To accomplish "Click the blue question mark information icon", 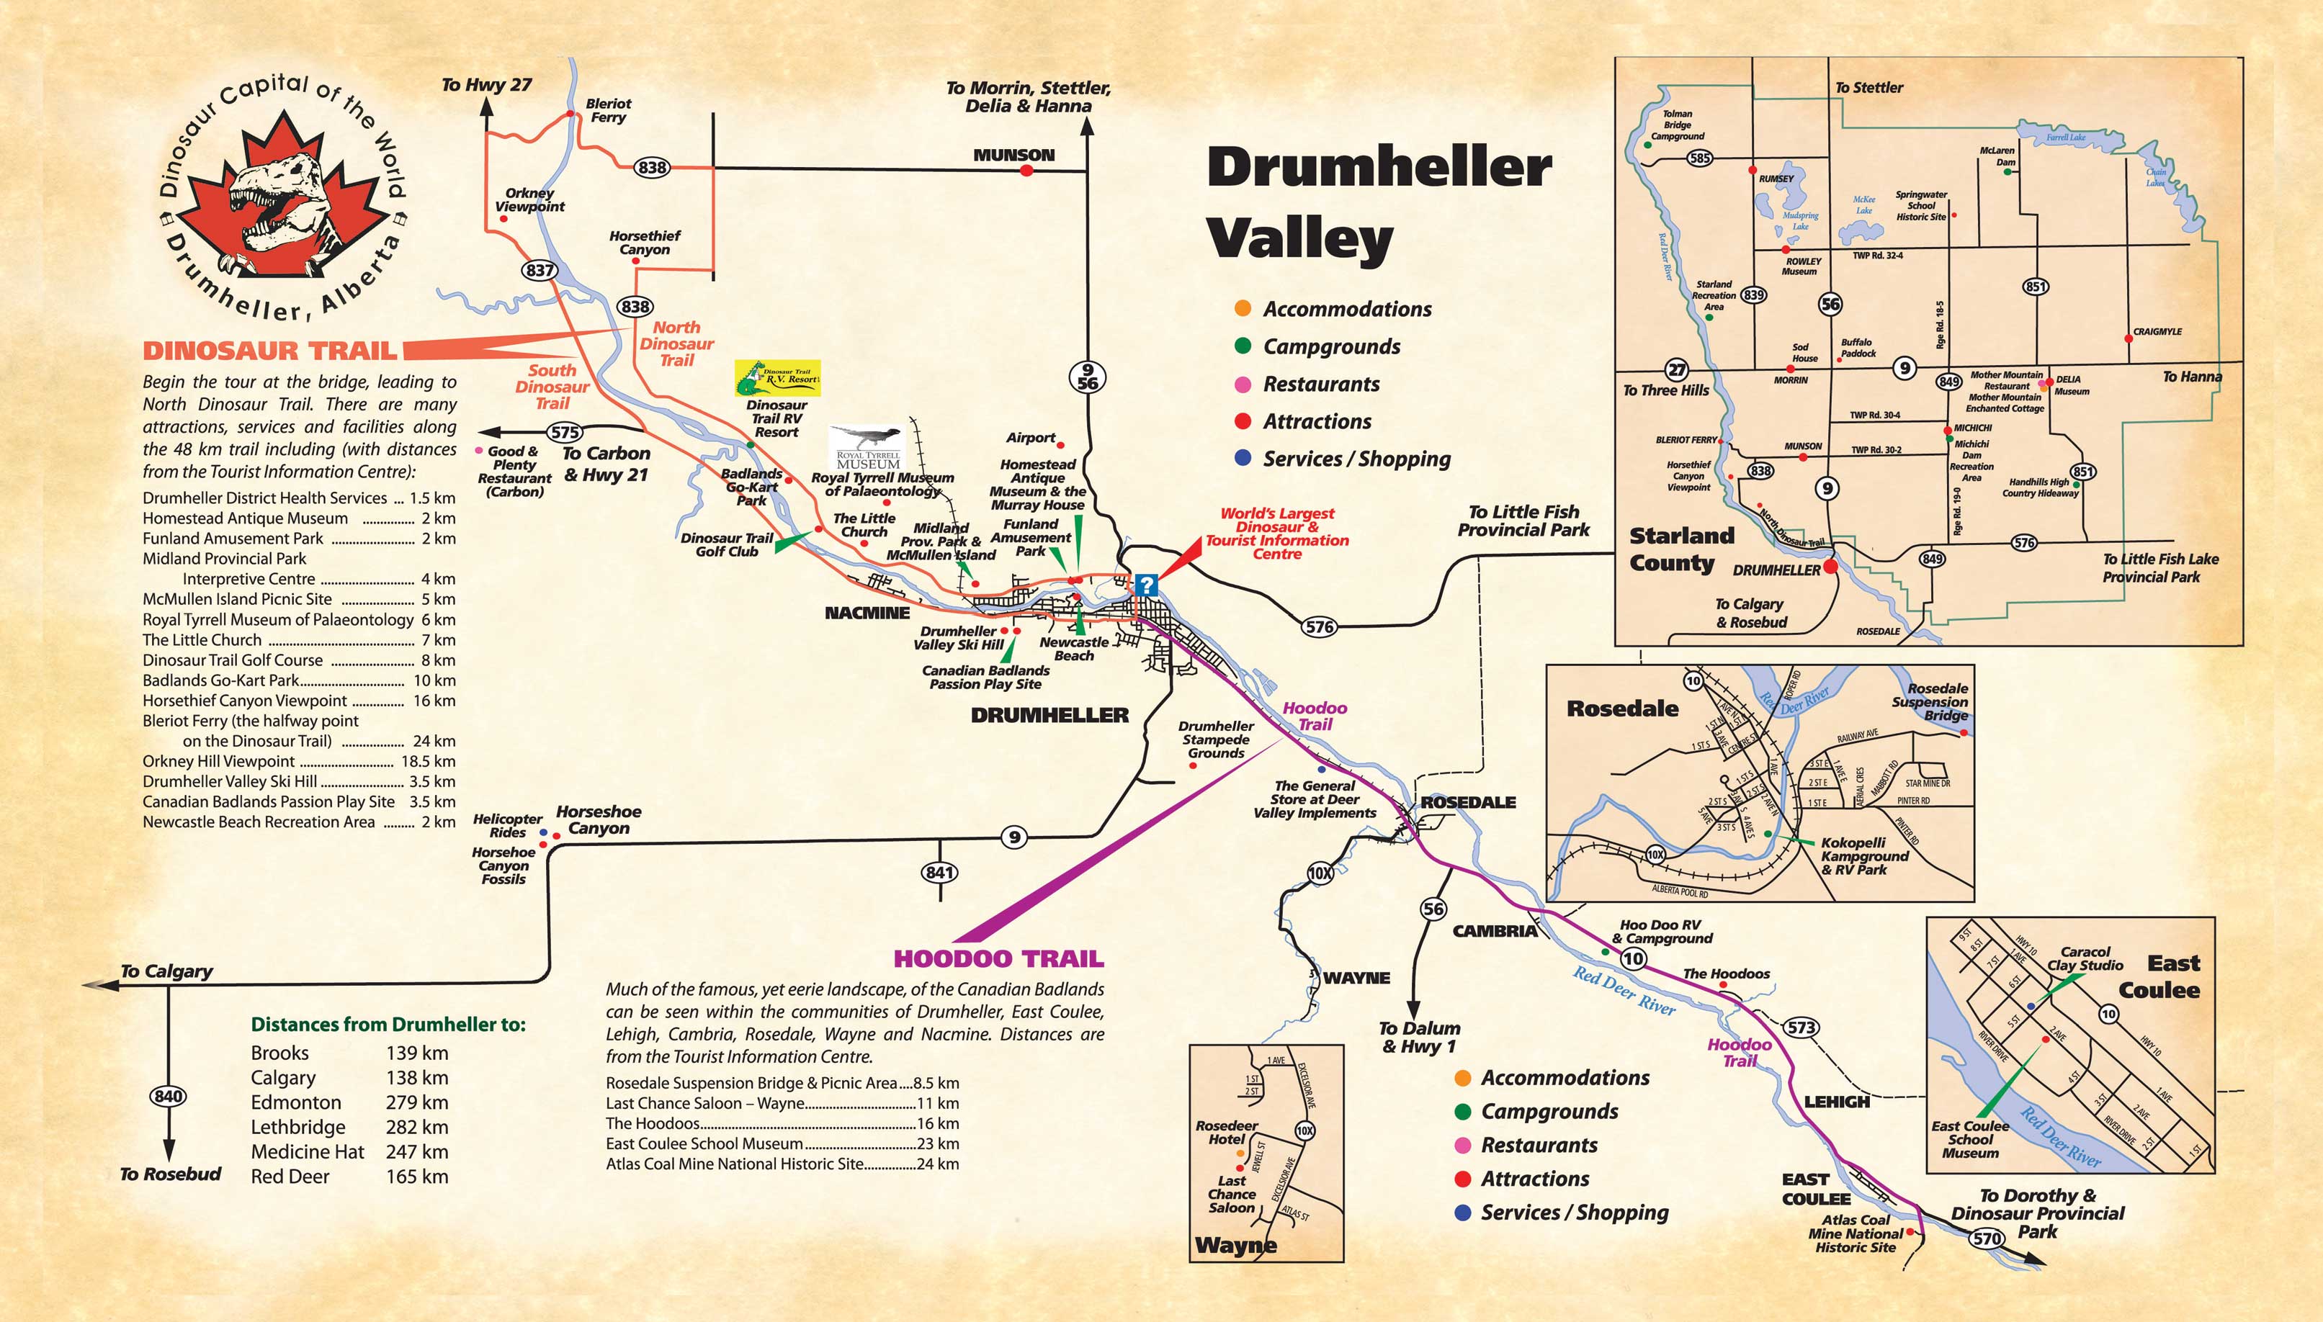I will coord(1146,584).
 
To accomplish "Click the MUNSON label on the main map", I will coord(1013,156).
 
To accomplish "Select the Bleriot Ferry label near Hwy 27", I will coord(607,111).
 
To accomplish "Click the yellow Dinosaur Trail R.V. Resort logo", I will coord(777,378).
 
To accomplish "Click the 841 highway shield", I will coord(939,873).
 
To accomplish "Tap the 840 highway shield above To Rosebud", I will coord(168,1096).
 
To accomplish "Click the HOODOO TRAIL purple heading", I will coord(998,959).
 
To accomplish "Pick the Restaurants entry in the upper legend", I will coord(1320,384).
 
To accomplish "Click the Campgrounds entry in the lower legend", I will coord(1549,1111).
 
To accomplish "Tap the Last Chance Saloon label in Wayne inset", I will coord(1232,1194).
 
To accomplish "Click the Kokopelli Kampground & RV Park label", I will coord(1864,855).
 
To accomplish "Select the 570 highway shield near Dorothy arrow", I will coord(1987,1238).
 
